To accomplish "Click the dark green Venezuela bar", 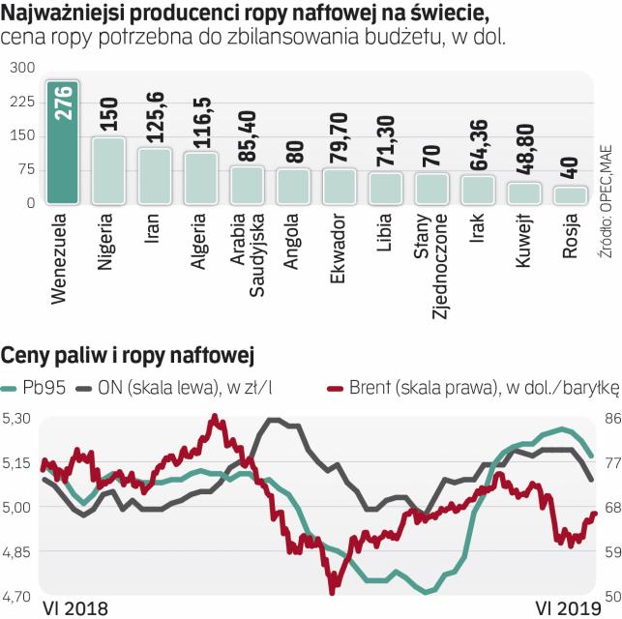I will [x=64, y=145].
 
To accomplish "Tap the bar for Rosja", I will [x=571, y=194].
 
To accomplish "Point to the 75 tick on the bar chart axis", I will [x=24, y=169].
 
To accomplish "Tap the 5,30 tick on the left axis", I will [x=17, y=419].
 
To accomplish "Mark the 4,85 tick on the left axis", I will [x=17, y=551].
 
